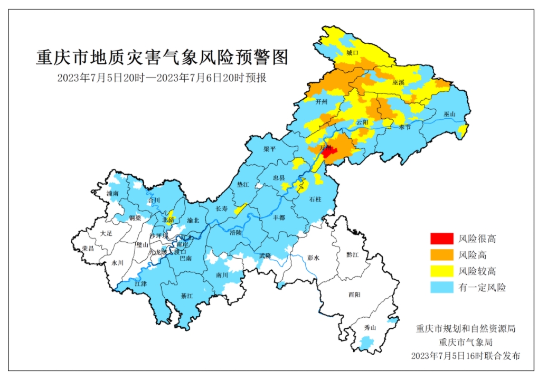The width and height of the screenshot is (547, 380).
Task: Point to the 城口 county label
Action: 352,53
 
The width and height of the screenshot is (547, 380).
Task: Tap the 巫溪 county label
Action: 399,83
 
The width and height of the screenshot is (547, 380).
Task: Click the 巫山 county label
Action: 449,114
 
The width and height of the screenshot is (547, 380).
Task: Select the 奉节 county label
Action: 404,127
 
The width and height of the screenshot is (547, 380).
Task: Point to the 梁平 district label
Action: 270,149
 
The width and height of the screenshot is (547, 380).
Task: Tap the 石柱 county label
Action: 315,199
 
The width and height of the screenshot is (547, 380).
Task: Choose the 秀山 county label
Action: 370,328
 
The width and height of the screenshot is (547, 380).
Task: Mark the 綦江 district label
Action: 187,296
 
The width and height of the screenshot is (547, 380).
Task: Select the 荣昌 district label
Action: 88,248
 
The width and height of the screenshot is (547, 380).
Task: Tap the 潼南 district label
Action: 113,194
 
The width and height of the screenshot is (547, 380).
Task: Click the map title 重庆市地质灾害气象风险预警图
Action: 163,57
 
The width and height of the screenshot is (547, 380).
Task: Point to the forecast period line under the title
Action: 162,78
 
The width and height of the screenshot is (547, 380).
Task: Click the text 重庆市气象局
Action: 465,342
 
